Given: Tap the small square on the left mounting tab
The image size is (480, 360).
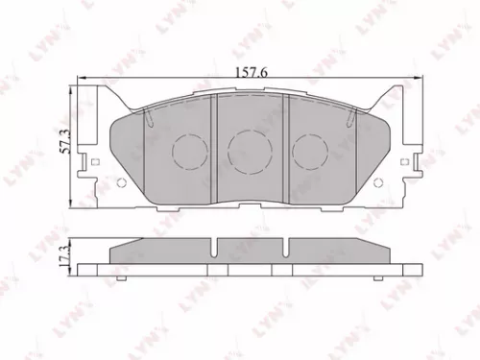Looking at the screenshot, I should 92,160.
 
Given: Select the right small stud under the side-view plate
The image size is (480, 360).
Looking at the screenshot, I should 379,280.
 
